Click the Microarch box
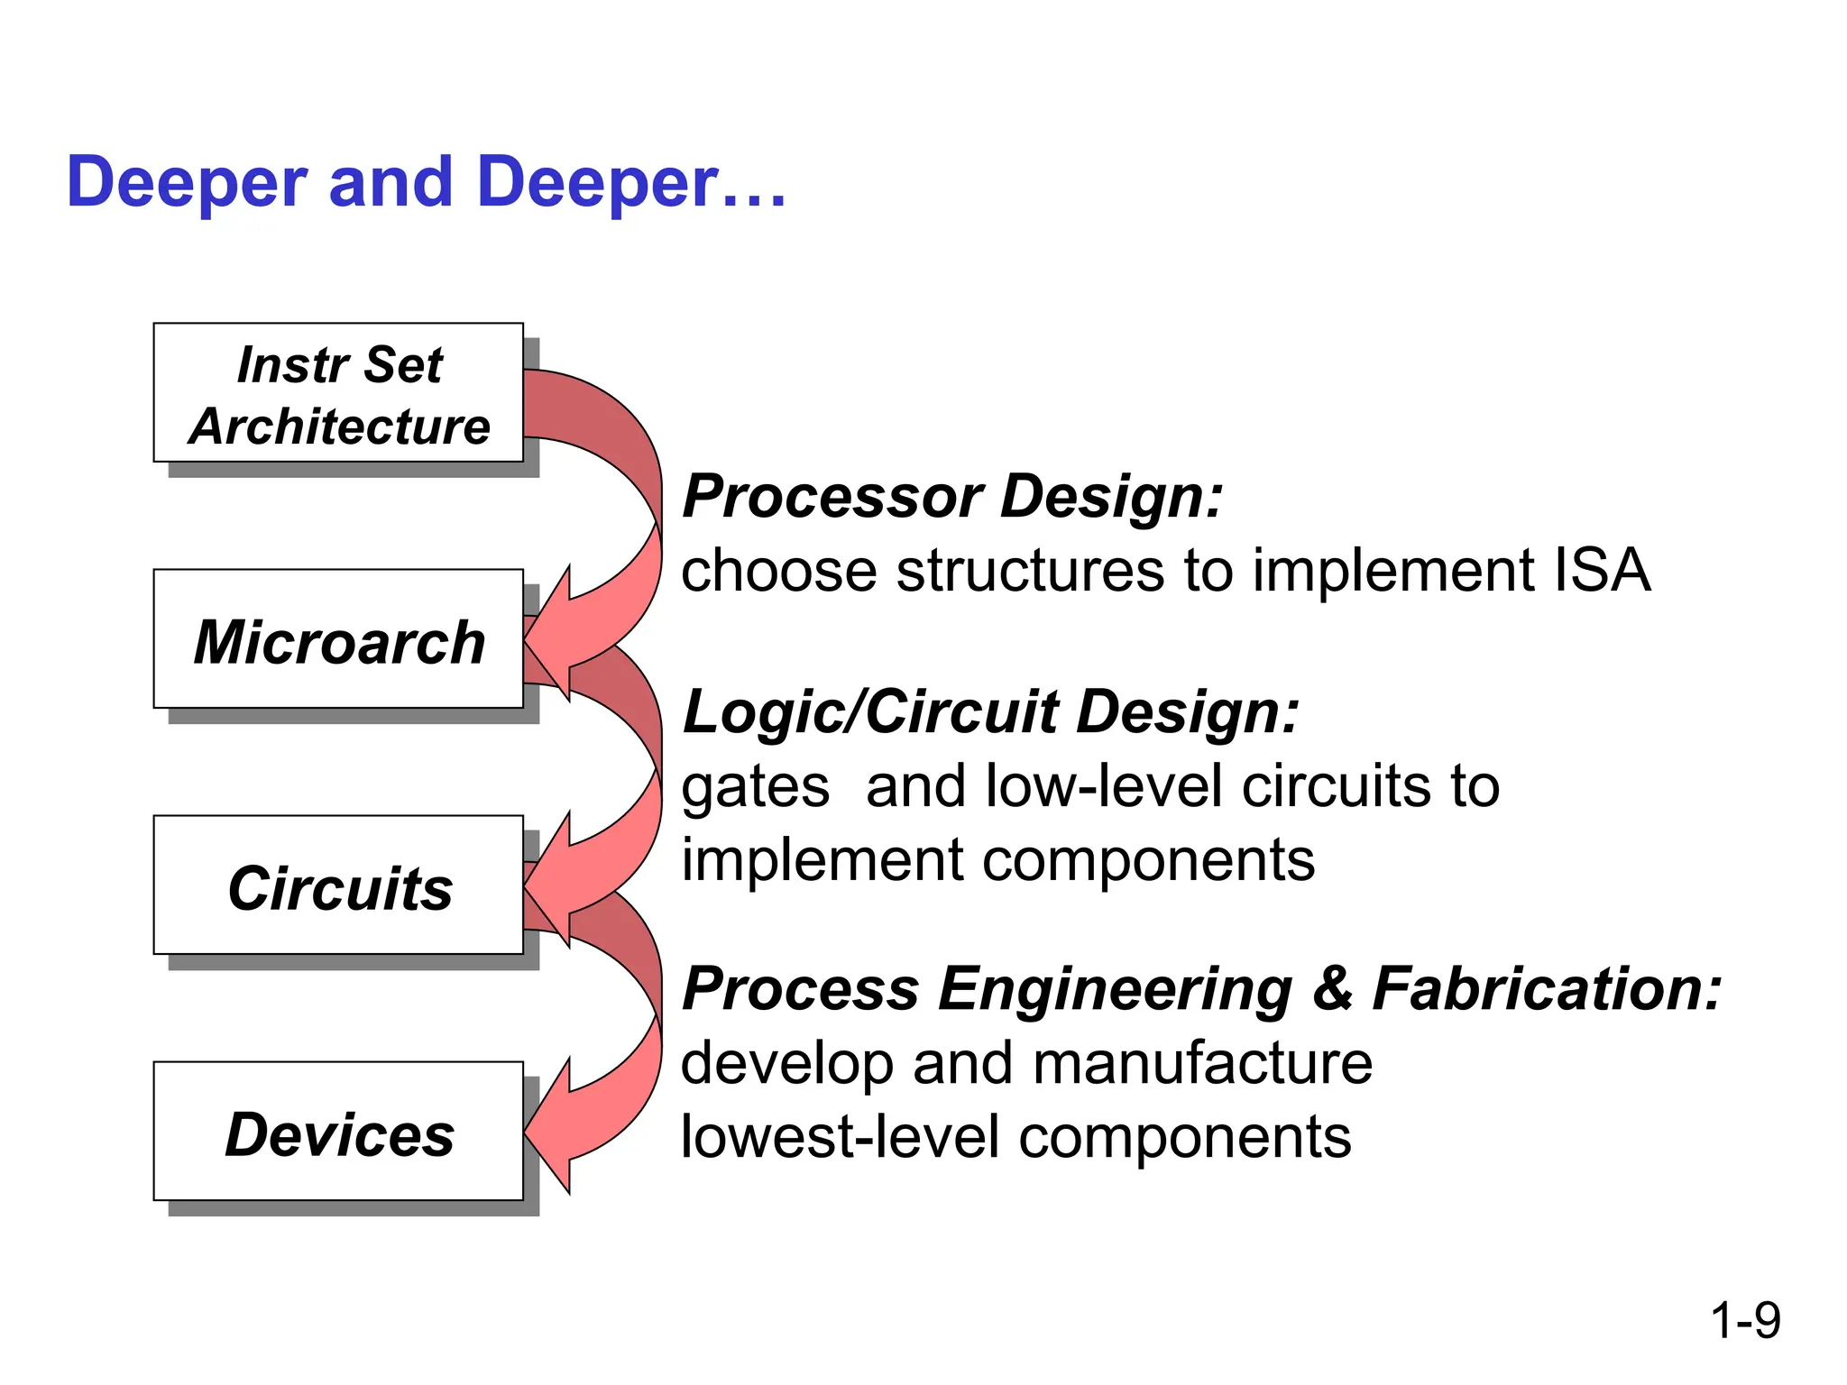click(x=338, y=639)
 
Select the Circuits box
click(x=338, y=885)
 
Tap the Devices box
click(x=338, y=1132)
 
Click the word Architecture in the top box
click(x=339, y=426)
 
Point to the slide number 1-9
click(x=1744, y=1320)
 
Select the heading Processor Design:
click(x=952, y=497)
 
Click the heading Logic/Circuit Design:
click(x=990, y=712)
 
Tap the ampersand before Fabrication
click(x=1333, y=988)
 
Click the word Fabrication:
click(x=1546, y=988)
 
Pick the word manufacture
click(x=1202, y=1063)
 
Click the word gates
click(x=755, y=787)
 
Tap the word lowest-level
click(x=840, y=1137)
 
